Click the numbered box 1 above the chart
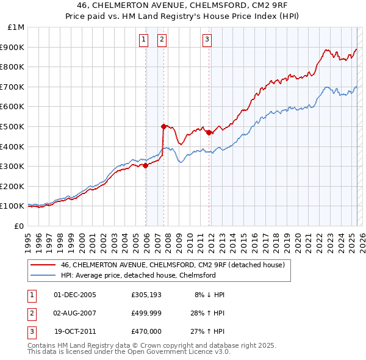[x=143, y=40]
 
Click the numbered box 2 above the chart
[x=162, y=40]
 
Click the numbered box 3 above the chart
[x=207, y=40]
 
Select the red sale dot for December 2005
[x=146, y=165]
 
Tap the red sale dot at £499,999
[x=163, y=126]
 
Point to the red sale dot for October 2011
[x=209, y=132]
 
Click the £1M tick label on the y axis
[x=16, y=27]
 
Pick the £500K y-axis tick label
[x=13, y=126]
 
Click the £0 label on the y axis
[x=19, y=226]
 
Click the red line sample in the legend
[x=42, y=265]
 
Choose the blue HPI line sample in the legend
[x=42, y=275]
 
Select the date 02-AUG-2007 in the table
[x=75, y=313]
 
